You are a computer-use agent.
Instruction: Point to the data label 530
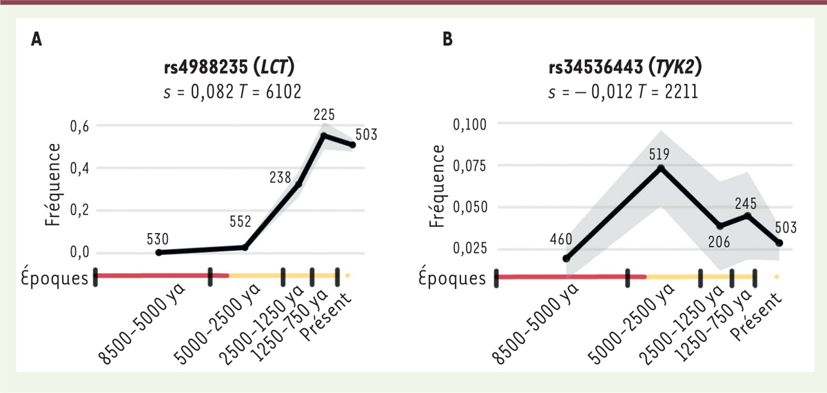(x=159, y=239)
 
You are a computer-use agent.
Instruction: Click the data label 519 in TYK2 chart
(x=660, y=154)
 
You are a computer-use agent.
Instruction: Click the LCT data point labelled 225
(x=323, y=135)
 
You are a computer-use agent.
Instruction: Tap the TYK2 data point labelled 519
(x=660, y=168)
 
